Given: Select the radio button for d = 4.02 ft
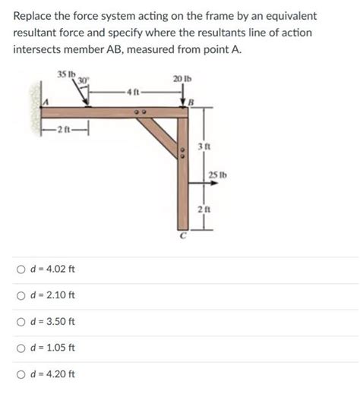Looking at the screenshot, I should (21, 269).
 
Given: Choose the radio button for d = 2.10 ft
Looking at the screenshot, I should (21, 296).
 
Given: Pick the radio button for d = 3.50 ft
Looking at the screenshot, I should (21, 322).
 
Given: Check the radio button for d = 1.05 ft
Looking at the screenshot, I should (21, 348).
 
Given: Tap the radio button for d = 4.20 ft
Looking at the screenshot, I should (21, 373).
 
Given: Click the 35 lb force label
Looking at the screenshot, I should (66, 73).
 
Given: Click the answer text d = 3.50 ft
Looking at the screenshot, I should (52, 322).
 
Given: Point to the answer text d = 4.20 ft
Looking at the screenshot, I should (52, 373).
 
